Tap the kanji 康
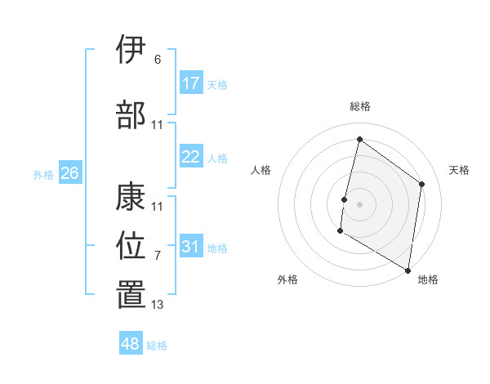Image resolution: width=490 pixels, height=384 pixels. [x=131, y=199]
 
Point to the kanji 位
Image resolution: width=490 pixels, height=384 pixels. [x=131, y=245]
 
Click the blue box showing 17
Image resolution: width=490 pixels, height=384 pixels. [x=191, y=83]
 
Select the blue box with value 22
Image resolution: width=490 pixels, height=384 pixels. [x=191, y=158]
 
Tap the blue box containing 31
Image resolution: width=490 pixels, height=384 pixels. [x=191, y=246]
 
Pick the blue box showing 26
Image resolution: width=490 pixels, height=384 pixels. [x=70, y=173]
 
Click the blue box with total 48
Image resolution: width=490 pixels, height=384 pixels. [x=131, y=344]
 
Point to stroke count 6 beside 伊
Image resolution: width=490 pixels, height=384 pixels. [x=158, y=59]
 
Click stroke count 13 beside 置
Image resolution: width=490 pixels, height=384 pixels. [x=158, y=305]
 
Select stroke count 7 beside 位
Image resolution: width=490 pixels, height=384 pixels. [x=158, y=256]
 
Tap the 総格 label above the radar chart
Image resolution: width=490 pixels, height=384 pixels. [x=359, y=106]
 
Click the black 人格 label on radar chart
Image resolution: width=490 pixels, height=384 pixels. [x=261, y=170]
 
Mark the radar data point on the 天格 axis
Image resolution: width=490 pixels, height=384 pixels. [x=422, y=184]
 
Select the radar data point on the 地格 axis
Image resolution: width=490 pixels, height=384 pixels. [x=408, y=270]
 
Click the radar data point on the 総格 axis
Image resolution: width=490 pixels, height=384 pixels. [x=359, y=140]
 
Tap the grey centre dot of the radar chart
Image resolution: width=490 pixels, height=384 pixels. [x=359, y=204]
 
